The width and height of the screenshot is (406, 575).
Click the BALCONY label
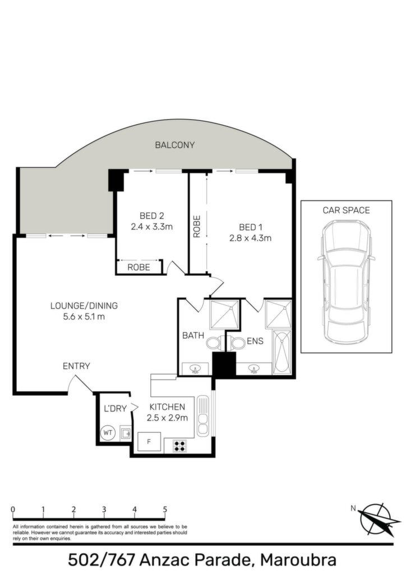[x=174, y=145]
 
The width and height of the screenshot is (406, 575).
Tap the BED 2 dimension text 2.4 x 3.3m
[x=151, y=227]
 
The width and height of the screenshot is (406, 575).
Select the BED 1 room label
[x=251, y=227]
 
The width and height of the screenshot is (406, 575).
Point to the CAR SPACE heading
[x=347, y=210]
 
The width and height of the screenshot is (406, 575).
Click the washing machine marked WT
[x=108, y=433]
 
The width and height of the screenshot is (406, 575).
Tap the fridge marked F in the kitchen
[x=149, y=441]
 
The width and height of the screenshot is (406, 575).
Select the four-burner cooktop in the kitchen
[x=180, y=446]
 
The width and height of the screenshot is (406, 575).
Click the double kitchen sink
[x=202, y=416]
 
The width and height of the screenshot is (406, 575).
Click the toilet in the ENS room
[x=237, y=343]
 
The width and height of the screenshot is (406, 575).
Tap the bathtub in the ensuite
[x=282, y=353]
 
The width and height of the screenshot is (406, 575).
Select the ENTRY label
[x=76, y=366]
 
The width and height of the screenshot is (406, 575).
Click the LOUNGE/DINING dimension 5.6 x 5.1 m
[x=84, y=317]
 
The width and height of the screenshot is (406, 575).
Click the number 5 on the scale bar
[x=165, y=509]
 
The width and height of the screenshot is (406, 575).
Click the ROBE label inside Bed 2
[x=139, y=267]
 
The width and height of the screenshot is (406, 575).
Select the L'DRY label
[x=116, y=409]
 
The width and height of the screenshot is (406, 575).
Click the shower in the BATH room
[x=224, y=314]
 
